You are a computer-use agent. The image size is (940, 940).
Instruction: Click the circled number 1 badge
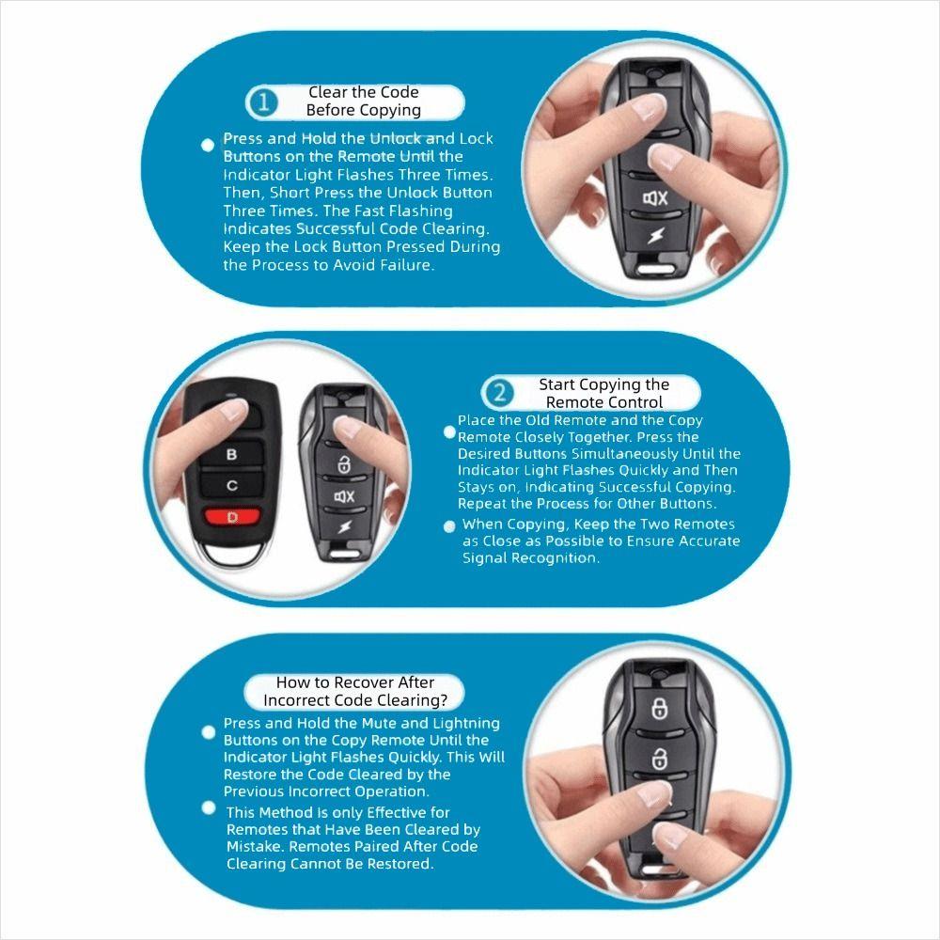[x=264, y=102]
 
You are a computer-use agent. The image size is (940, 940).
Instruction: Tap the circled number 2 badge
[x=500, y=393]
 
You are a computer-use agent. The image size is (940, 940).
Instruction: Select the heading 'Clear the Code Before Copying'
[x=363, y=102]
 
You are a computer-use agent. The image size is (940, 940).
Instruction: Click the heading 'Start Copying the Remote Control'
[x=603, y=393]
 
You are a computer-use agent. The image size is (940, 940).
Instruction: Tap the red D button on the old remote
[x=232, y=516]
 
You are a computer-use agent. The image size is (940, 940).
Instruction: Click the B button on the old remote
[x=232, y=454]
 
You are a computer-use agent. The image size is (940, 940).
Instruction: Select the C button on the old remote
[x=232, y=485]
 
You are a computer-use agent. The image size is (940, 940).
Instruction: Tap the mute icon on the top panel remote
[x=655, y=198]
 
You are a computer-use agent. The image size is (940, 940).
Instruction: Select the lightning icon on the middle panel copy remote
[x=342, y=526]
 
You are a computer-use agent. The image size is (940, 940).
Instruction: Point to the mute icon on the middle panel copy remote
[x=343, y=496]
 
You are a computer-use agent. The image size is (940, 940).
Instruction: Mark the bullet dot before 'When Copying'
[x=449, y=526]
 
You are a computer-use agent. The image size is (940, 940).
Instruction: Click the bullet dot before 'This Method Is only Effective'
[x=209, y=808]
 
